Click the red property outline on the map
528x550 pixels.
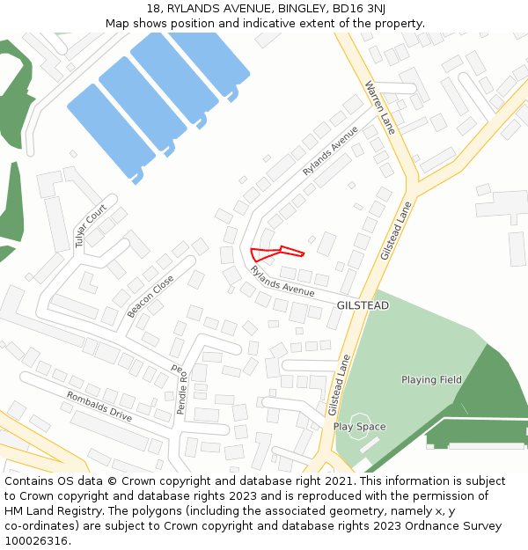[x=275, y=253]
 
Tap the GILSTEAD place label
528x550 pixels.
[x=363, y=305]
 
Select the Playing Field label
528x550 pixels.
[x=431, y=380]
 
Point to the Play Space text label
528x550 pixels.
[x=359, y=427]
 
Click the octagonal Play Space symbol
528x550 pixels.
[x=360, y=424]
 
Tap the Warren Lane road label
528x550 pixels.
[x=381, y=106]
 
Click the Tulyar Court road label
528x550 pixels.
[x=91, y=225]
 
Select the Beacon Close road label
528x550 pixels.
[x=150, y=297]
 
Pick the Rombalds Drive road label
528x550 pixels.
[x=99, y=407]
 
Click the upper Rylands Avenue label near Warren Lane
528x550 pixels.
[x=331, y=150]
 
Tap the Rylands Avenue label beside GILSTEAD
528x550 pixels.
[x=282, y=282]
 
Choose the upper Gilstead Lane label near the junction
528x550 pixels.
[x=396, y=230]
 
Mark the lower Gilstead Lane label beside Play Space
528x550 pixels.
[x=339, y=385]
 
